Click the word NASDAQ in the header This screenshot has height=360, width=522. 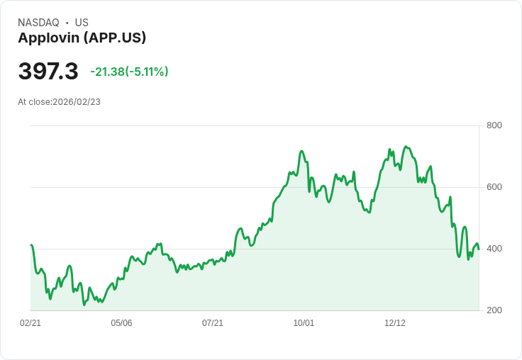(x=38, y=23)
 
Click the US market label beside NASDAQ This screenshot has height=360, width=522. (x=82, y=23)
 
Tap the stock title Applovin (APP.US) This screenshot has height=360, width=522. (x=82, y=38)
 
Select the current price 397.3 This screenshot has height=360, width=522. (x=48, y=72)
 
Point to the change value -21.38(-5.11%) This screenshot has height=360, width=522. (x=129, y=72)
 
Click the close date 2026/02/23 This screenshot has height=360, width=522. (x=77, y=102)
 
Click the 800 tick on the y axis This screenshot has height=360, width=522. (x=494, y=125)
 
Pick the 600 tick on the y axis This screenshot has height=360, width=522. (x=494, y=187)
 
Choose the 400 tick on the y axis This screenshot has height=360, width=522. (x=494, y=249)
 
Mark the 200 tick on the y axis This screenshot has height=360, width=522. (x=494, y=310)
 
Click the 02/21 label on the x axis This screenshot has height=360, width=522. (x=30, y=323)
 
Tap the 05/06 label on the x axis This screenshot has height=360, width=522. (x=121, y=323)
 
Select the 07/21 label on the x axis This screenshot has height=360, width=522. (x=213, y=323)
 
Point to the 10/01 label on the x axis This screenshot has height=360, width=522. (x=304, y=323)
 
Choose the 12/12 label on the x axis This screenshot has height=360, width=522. (x=395, y=323)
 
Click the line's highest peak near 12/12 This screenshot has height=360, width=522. (x=406, y=147)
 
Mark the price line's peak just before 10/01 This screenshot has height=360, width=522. (x=301, y=151)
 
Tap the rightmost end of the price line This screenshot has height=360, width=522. (x=479, y=249)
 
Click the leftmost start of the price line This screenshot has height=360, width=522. (x=31, y=245)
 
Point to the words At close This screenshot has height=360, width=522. (x=34, y=102)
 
